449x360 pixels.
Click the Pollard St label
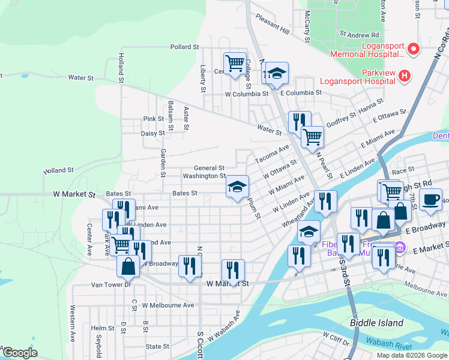(x=184, y=47)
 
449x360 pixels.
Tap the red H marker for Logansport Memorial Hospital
(x=413, y=49)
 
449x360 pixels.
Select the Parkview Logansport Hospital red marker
(x=405, y=76)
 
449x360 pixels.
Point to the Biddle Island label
(x=377, y=323)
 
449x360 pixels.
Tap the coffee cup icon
(x=430, y=199)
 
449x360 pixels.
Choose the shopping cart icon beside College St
(x=235, y=62)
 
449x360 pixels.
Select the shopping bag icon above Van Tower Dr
(x=128, y=265)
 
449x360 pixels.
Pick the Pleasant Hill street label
(x=272, y=30)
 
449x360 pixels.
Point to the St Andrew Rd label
(x=359, y=35)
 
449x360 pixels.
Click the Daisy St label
(x=153, y=134)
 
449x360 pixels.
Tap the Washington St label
(x=204, y=176)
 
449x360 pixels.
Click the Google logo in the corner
(x=19, y=352)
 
